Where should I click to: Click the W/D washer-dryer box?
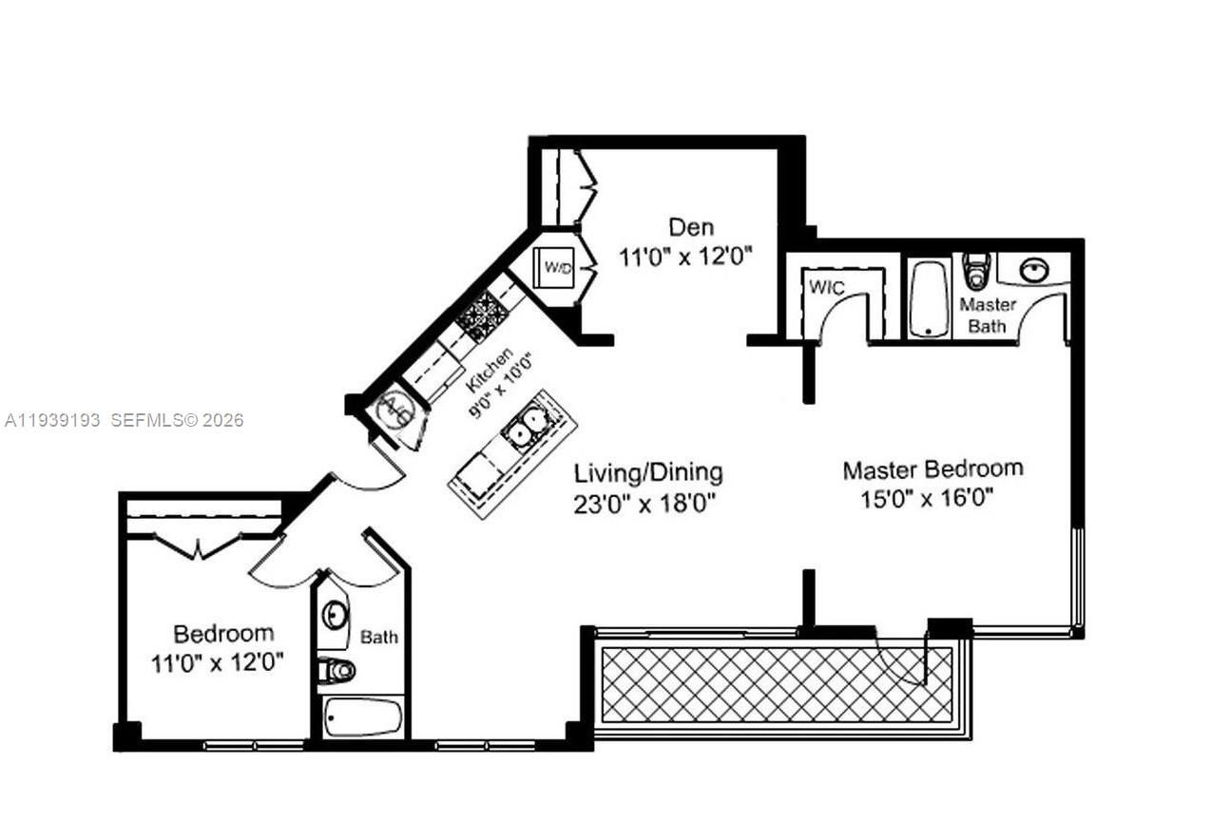(x=559, y=267)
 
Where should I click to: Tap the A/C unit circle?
(x=395, y=411)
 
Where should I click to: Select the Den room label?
(x=691, y=227)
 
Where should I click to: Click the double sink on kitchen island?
(x=526, y=428)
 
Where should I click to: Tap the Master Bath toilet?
(x=976, y=271)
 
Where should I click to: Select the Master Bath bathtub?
(x=929, y=298)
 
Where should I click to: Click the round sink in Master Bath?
(x=1034, y=270)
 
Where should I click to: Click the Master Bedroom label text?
(x=932, y=468)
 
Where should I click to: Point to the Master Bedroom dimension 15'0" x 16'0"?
(x=927, y=498)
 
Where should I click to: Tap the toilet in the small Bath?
(x=336, y=670)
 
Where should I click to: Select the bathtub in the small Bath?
(x=361, y=717)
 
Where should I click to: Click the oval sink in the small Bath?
(x=334, y=615)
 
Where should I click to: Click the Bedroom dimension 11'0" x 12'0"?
(x=217, y=662)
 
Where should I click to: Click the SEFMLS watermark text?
(x=177, y=420)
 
